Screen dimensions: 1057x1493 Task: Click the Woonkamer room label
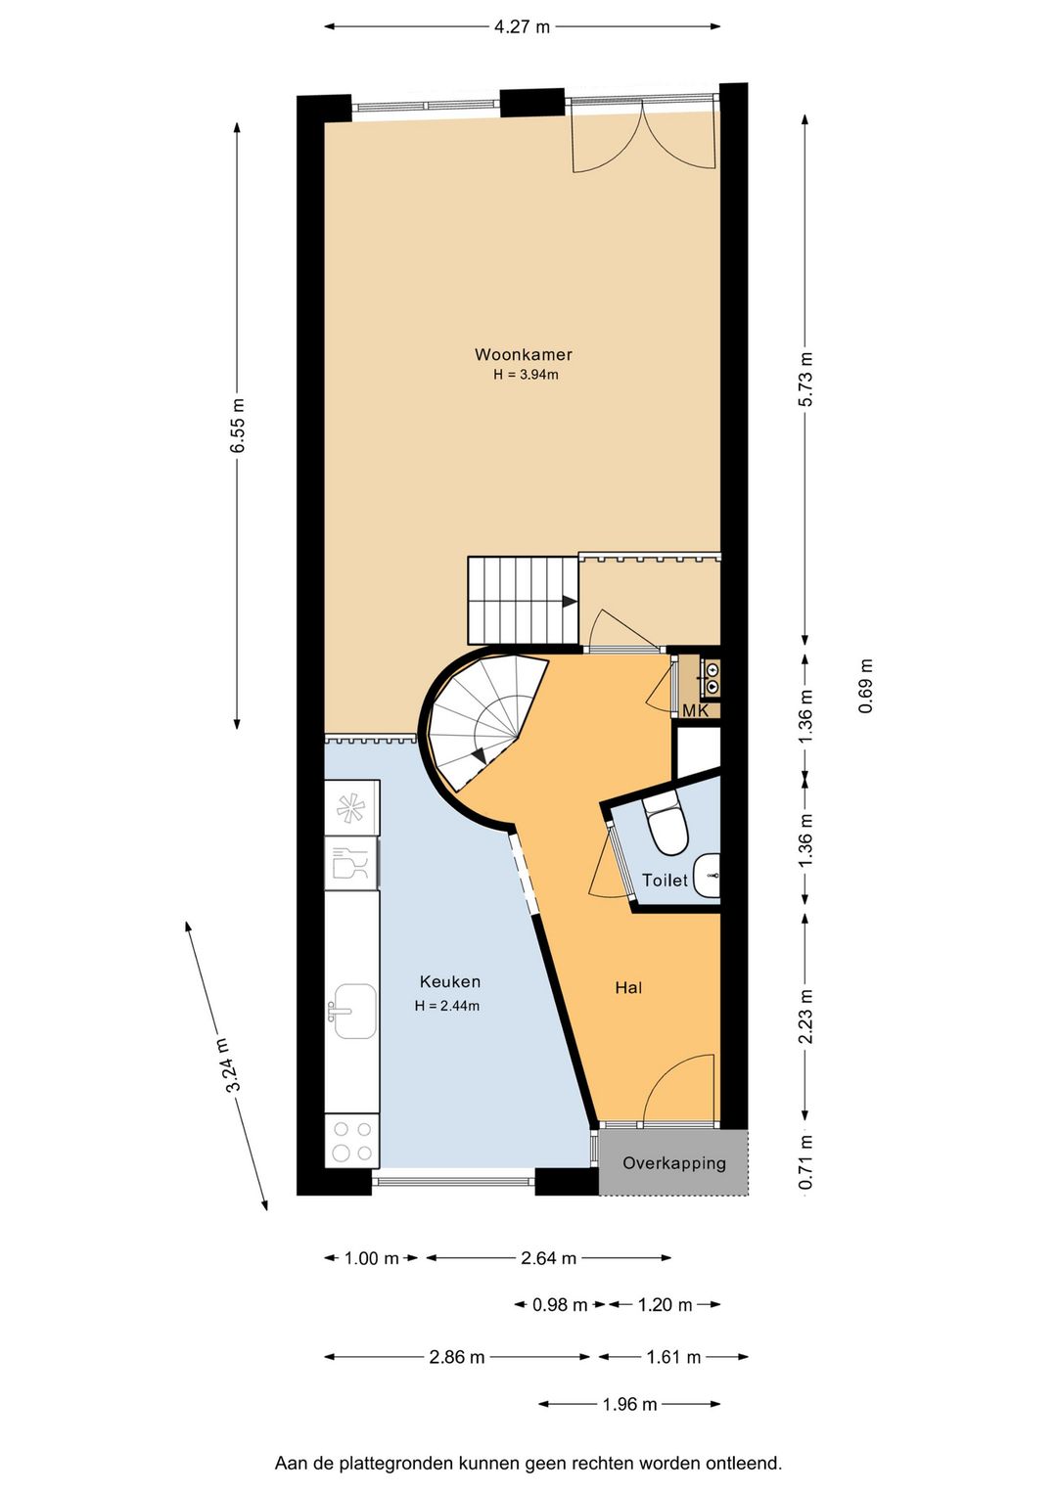[523, 354]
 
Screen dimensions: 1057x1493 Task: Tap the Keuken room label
[449, 981]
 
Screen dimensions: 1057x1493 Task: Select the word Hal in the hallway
[628, 988]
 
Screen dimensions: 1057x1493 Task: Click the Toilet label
[665, 881]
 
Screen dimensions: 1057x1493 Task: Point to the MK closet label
[695, 711]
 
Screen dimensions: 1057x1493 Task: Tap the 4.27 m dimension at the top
[523, 26]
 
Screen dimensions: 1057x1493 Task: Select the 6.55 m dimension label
[238, 426]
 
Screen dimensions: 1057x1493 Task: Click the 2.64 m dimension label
[548, 1258]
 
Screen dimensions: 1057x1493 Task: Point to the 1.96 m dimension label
[629, 1404]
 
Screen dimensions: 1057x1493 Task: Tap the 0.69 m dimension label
[865, 687]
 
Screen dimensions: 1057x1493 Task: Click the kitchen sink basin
[354, 1012]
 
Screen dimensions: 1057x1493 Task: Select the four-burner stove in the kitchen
[352, 1141]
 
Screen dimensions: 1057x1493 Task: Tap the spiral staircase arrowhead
[479, 756]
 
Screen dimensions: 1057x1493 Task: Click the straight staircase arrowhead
[570, 602]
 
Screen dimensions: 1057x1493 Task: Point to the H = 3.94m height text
[526, 375]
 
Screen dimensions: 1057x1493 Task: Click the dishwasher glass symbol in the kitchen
[350, 864]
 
